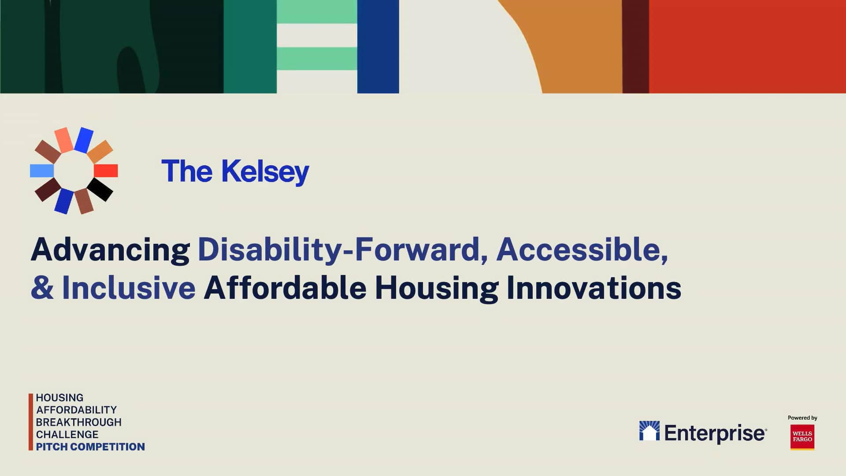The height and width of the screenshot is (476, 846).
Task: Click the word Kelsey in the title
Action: (265, 171)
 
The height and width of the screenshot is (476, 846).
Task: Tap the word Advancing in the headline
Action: (110, 250)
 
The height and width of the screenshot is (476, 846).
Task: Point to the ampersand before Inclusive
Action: (42, 288)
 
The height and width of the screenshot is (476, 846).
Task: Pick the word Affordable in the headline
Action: (285, 288)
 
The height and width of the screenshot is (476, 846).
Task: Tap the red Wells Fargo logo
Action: (802, 437)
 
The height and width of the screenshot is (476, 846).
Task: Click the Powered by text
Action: (802, 418)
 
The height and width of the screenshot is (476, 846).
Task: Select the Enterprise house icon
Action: (649, 431)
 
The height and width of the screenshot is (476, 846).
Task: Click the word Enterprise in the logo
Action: (715, 433)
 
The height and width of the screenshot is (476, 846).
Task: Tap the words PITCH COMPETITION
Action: (90, 447)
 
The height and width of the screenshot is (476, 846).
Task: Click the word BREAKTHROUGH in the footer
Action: (78, 422)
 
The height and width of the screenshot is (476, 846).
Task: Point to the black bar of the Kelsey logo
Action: (100, 190)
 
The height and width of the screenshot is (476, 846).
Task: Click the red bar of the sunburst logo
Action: (106, 171)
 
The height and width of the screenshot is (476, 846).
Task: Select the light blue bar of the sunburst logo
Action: (42, 171)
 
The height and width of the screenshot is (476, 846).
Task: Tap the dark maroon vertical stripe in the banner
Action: (635, 46)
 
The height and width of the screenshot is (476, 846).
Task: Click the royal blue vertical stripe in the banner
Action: (378, 46)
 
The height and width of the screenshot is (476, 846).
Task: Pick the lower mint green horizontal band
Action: (316, 58)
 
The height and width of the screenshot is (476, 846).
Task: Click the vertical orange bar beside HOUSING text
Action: (31, 422)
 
